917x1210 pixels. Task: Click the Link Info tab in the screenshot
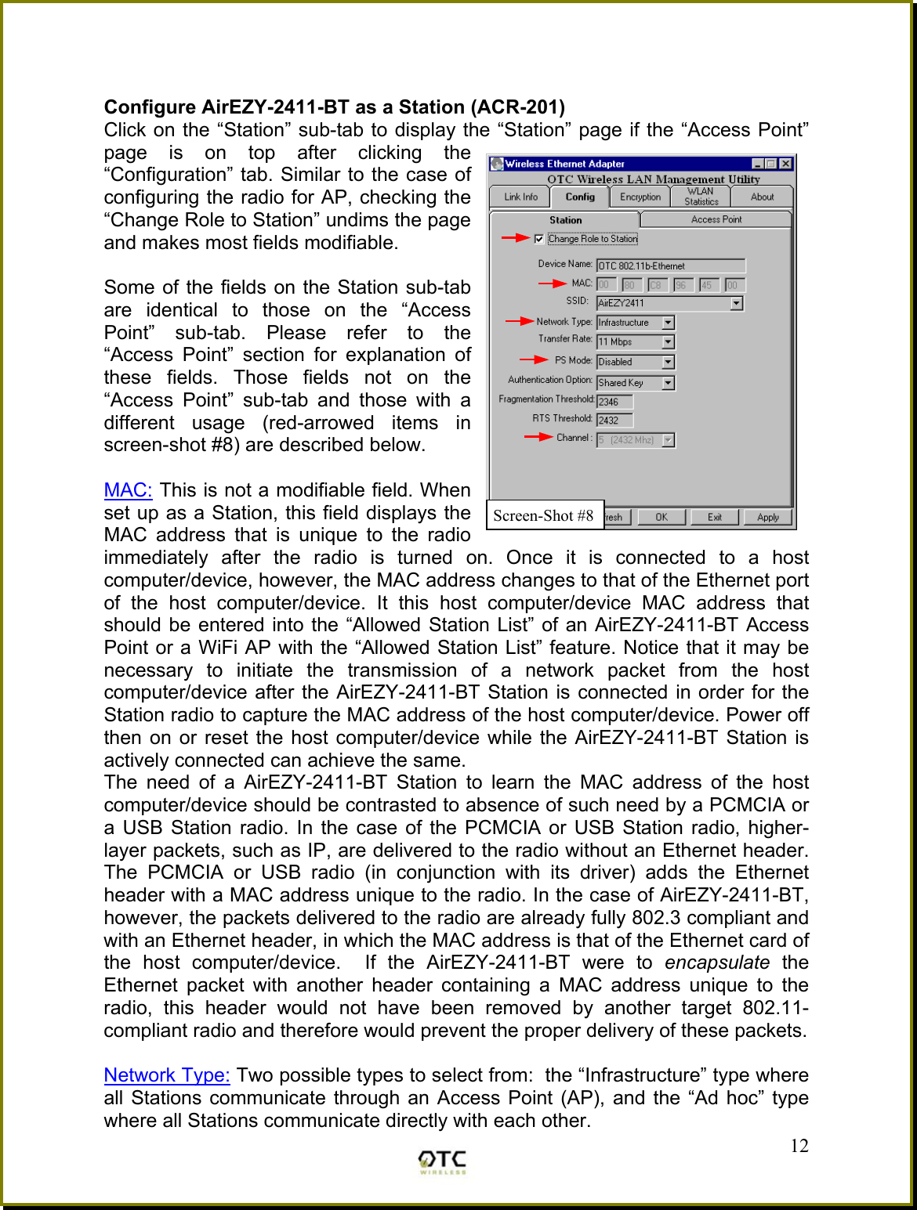point(520,197)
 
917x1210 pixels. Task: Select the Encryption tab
point(640,197)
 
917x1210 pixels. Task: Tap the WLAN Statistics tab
point(700,197)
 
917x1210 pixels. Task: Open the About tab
point(762,197)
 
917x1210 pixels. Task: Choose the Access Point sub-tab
point(716,220)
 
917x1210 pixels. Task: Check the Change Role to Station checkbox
point(539,239)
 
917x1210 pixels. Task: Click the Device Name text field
point(670,266)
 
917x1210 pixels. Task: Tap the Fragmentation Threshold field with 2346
point(614,402)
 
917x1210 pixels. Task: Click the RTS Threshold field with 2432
point(614,421)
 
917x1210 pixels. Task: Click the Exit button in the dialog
point(714,517)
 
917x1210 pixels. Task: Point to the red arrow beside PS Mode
point(535,360)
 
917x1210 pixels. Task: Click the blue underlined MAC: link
point(128,490)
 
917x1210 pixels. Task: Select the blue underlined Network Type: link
point(167,1075)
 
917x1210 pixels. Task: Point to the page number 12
point(799,1146)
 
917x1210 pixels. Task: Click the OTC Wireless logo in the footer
point(442,1161)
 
